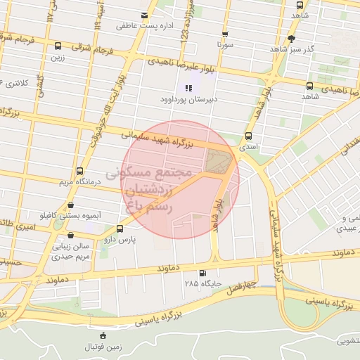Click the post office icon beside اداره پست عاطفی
(x=144, y=15)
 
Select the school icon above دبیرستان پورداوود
(x=188, y=88)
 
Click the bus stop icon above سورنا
(x=225, y=33)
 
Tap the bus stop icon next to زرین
(x=58, y=46)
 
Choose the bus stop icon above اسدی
(x=247, y=136)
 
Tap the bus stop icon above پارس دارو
(x=119, y=229)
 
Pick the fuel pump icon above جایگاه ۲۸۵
(x=203, y=273)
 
